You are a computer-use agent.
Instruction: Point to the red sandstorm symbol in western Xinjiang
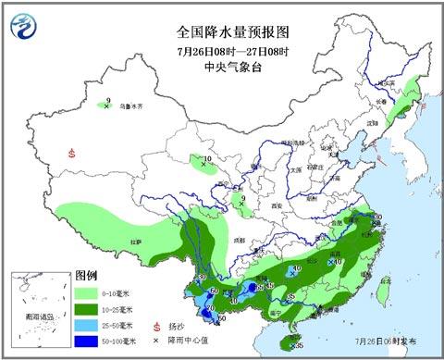coord(71,155)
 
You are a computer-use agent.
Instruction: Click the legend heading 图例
coord(86,276)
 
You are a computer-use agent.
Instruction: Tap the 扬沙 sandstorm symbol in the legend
coord(157,327)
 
